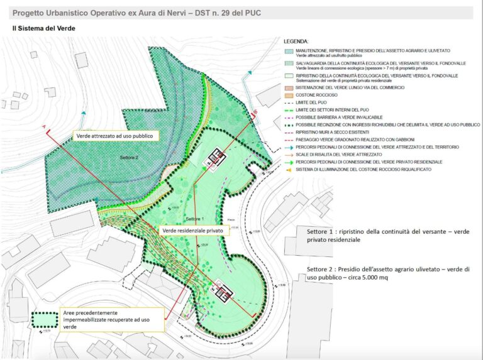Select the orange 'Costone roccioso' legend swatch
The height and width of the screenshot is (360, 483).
(289, 95)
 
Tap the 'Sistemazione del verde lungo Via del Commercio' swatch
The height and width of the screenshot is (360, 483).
(289, 87)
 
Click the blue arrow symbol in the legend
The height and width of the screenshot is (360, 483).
(289, 147)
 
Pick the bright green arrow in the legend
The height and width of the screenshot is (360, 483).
(289, 161)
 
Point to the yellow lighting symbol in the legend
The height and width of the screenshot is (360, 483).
(289, 169)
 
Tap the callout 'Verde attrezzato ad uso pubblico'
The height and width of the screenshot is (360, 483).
(114, 136)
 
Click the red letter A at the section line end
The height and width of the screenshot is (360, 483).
(44, 128)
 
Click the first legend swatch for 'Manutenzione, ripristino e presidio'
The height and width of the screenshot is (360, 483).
(289, 51)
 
